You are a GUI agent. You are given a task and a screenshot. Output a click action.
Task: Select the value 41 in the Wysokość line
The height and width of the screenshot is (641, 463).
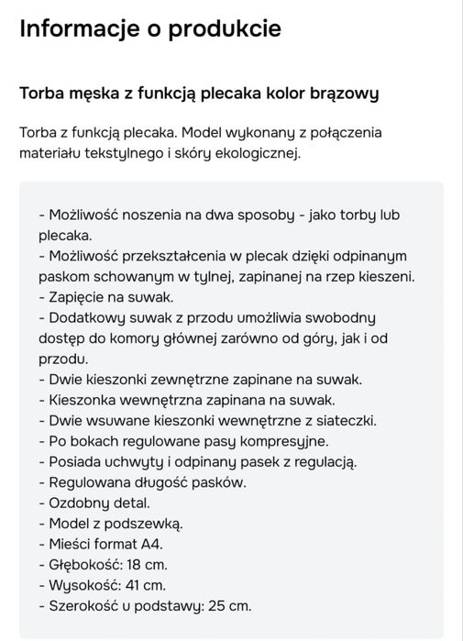pos(128,585)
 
